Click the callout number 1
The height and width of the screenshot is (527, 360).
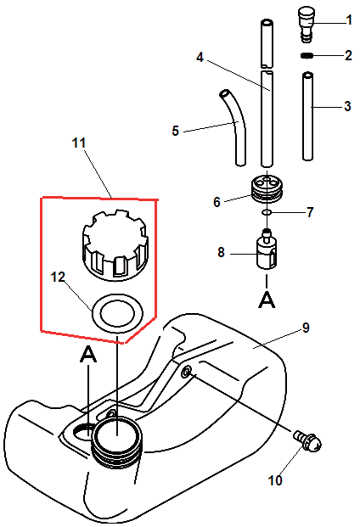349,20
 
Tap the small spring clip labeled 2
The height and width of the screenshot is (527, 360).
307,55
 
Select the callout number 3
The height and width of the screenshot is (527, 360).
347,106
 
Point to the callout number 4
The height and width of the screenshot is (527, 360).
200,57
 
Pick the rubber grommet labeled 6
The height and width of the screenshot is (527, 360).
267,189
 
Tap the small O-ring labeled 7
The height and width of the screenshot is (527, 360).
267,212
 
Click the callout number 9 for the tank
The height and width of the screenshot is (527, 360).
306,328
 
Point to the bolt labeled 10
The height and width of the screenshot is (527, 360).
308,441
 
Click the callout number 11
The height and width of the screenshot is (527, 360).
79,143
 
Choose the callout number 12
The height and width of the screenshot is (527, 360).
58,277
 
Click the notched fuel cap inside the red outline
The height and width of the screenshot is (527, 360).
115,245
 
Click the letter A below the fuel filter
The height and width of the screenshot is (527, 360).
267,300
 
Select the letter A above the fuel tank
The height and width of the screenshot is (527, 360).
88,355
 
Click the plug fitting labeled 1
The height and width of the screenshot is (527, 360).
307,25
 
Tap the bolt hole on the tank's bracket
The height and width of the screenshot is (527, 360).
187,371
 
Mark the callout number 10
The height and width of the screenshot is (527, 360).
275,480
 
